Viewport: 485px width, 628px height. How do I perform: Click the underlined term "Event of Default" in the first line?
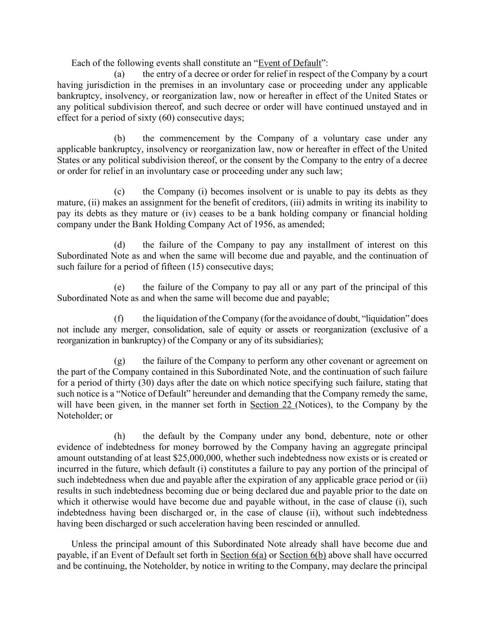(x=290, y=63)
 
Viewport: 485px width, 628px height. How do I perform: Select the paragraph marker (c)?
(x=119, y=191)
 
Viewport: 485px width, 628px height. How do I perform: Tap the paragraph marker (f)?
(x=119, y=318)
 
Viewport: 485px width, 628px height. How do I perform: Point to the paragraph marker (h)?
(x=119, y=436)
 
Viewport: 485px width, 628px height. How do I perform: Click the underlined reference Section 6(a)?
(x=244, y=555)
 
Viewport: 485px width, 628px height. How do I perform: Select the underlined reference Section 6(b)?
(x=302, y=555)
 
